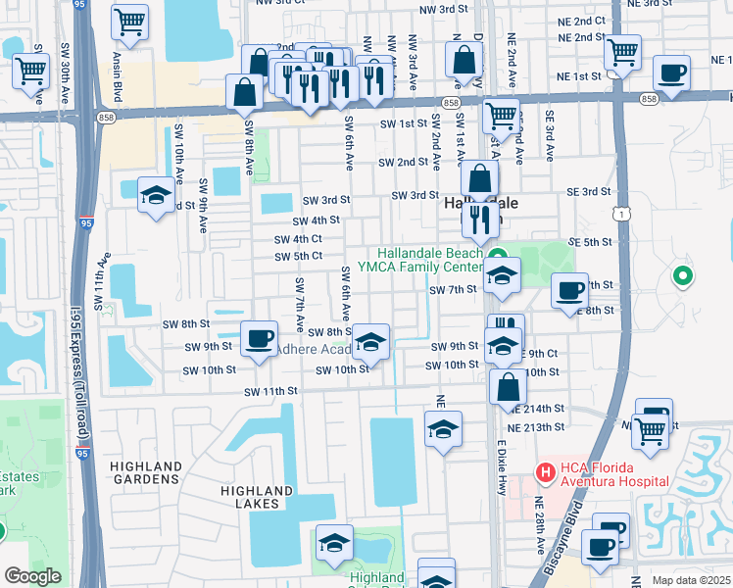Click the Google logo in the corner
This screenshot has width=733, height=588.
tap(32, 576)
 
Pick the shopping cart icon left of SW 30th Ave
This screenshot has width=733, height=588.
tap(30, 71)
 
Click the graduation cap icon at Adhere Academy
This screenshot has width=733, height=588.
tap(370, 342)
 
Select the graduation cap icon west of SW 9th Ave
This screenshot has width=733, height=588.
tap(156, 196)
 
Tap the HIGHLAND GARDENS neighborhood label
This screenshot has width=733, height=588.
tap(146, 472)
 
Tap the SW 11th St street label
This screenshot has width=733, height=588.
tap(270, 391)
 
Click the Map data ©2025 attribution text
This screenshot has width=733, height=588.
tap(690, 580)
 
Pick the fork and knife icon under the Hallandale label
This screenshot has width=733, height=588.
tap(480, 219)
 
